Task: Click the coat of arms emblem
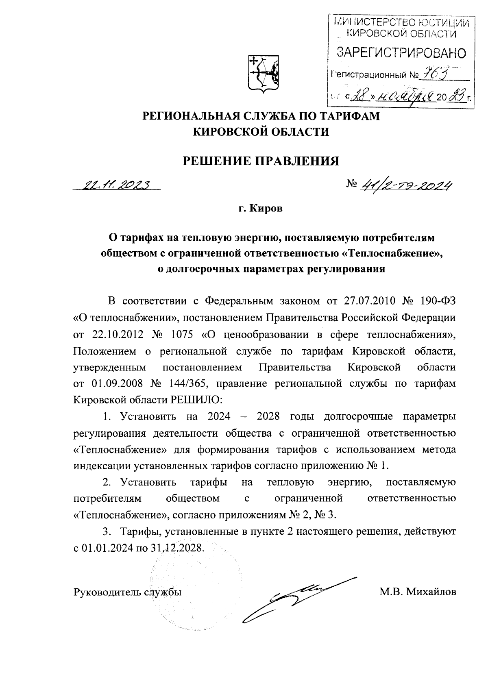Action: point(263,74)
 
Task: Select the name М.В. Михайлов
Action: point(418,592)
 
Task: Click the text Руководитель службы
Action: point(127,592)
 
